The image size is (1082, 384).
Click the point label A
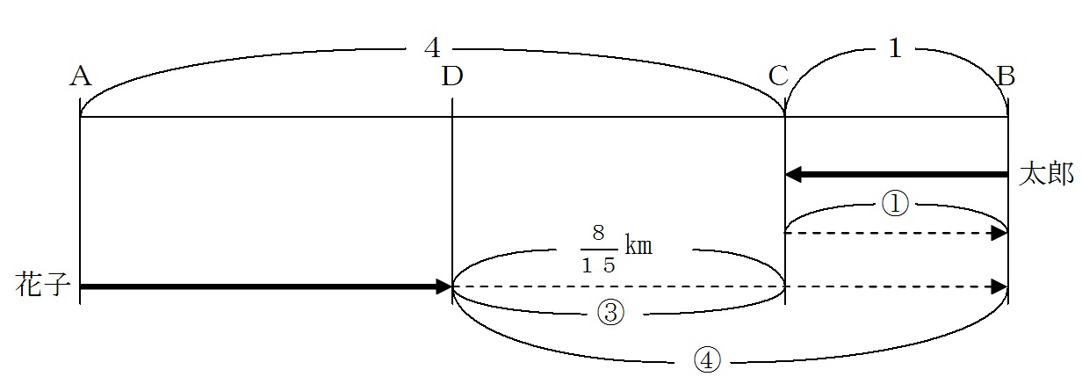tap(81, 76)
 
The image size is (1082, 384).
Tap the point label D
tap(452, 76)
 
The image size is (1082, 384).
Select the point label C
tap(779, 76)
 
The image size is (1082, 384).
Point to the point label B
tap(1006, 76)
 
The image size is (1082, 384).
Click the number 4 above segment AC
tap(432, 47)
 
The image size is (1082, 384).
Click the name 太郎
tap(1046, 174)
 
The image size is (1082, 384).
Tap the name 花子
tap(43, 285)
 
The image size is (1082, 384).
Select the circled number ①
tap(895, 205)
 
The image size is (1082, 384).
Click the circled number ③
tap(610, 313)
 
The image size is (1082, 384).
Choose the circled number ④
tap(707, 361)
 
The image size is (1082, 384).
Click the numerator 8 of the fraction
tap(598, 232)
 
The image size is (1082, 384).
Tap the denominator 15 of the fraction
tap(598, 265)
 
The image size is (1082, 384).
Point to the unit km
tap(638, 245)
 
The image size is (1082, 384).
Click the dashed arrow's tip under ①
tap(1006, 233)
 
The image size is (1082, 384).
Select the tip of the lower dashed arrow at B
tap(1006, 286)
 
